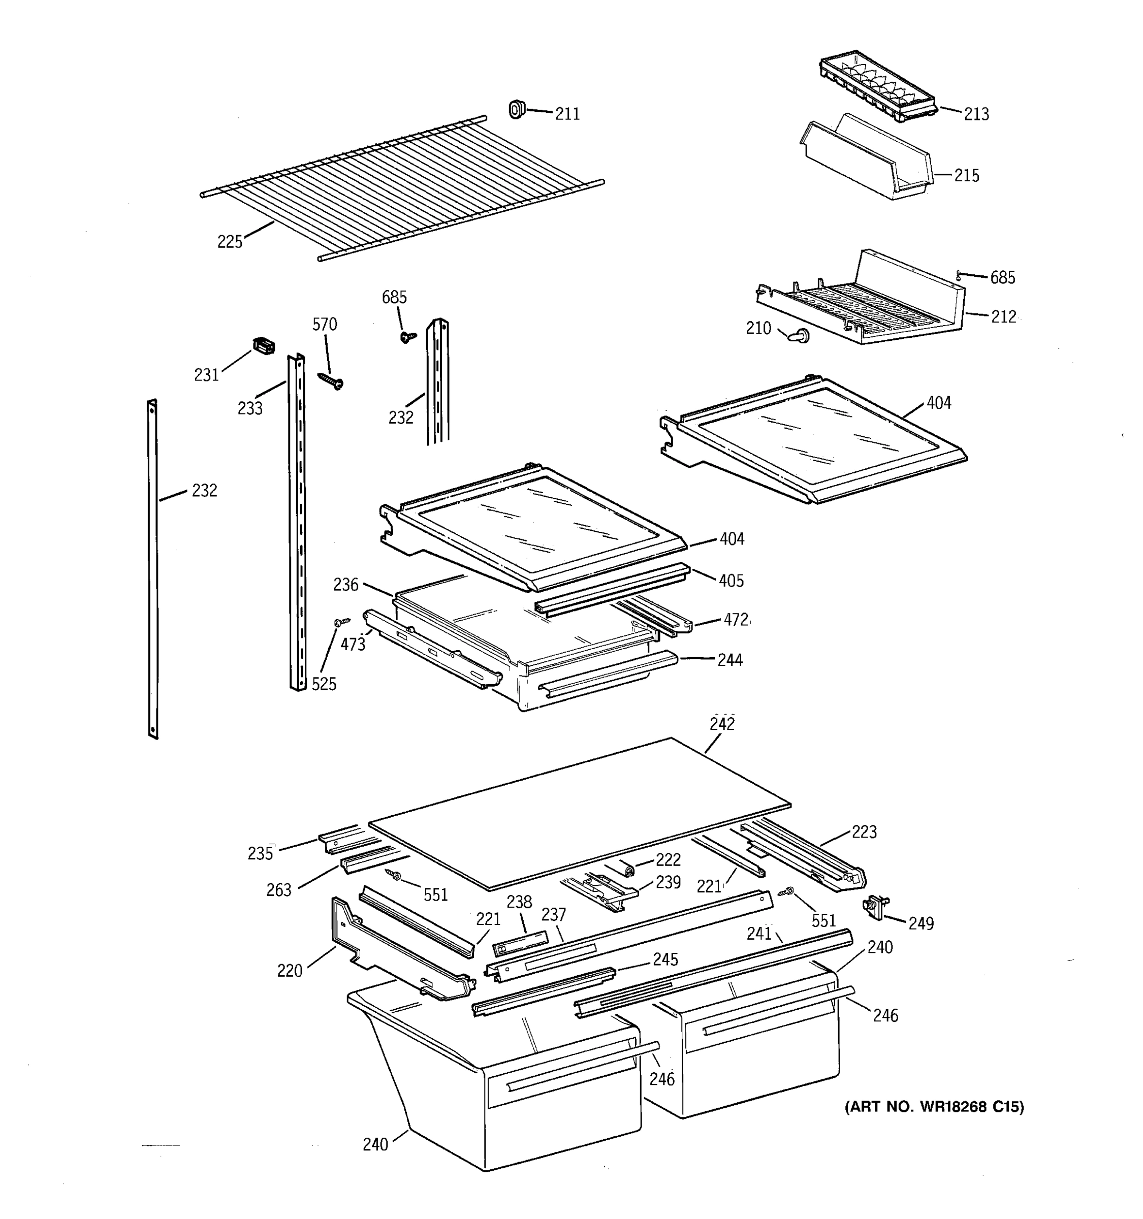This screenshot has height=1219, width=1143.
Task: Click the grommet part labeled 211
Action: pyautogui.click(x=517, y=110)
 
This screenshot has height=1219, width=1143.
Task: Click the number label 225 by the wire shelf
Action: pyautogui.click(x=230, y=242)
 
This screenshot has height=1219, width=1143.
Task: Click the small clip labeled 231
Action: pyautogui.click(x=264, y=346)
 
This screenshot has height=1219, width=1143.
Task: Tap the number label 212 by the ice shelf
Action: pyautogui.click(x=1003, y=316)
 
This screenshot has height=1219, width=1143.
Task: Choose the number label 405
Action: pyautogui.click(x=731, y=581)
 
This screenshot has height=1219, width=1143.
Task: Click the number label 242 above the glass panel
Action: pyautogui.click(x=722, y=724)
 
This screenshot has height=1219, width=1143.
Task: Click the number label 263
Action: pyautogui.click(x=278, y=890)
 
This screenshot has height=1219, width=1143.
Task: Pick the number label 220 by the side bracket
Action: pyautogui.click(x=290, y=971)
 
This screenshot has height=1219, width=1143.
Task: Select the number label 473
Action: pyautogui.click(x=353, y=644)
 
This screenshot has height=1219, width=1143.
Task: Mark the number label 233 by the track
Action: pyautogui.click(x=249, y=408)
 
